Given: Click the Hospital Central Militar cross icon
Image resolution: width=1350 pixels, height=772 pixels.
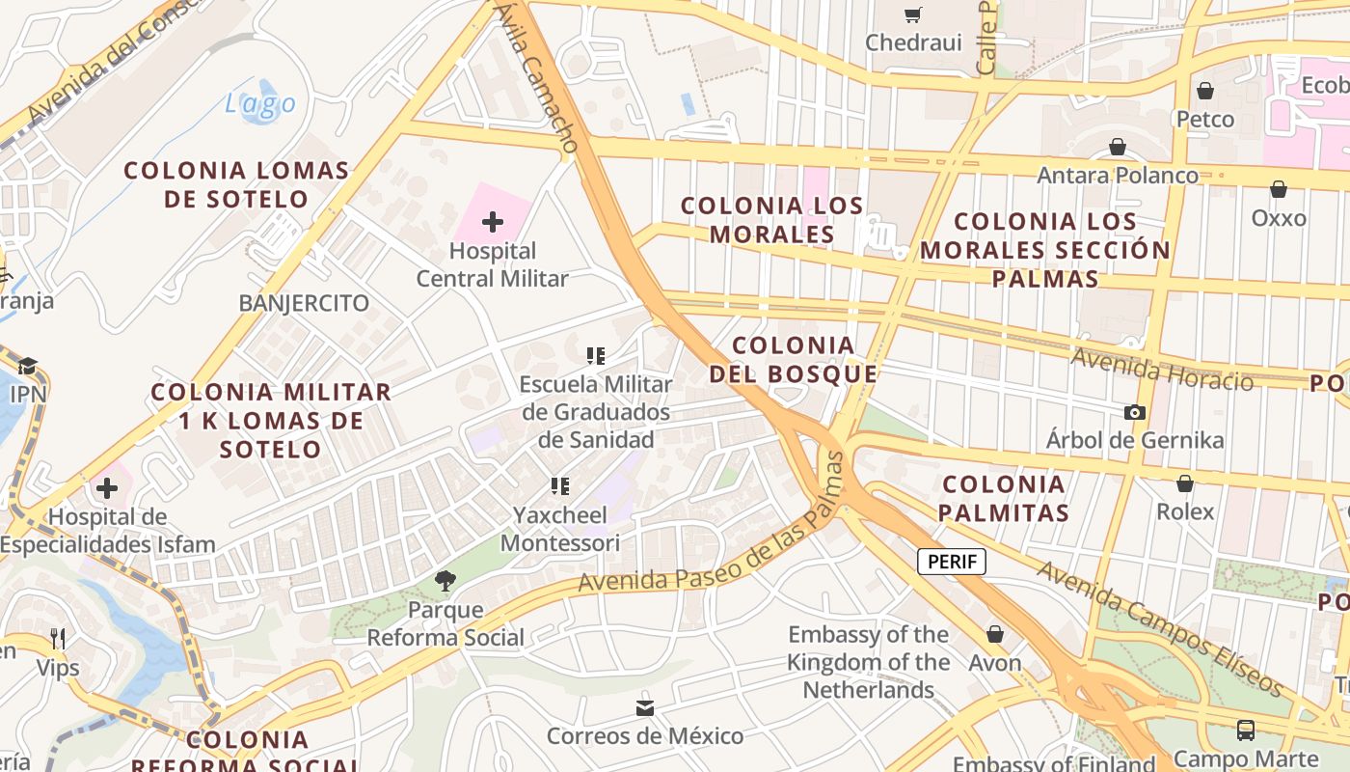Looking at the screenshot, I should coord(493,223).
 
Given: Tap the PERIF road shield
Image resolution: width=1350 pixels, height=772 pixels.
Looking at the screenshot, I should coord(951,562).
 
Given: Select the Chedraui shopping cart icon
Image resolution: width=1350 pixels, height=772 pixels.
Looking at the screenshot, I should coord(912,14).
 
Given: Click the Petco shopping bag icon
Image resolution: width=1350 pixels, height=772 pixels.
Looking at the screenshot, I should coord(1204,92).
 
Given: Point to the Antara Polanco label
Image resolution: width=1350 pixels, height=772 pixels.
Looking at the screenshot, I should coord(1117,176).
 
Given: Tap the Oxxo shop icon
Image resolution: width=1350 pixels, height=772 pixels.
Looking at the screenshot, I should coord(1279,190).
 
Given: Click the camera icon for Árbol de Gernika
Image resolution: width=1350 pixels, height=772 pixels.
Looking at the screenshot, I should coord(1135,413).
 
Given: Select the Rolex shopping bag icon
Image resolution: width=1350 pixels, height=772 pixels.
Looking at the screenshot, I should coord(1185,483).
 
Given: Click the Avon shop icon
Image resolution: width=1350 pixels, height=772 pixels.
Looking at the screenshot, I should coord(995,635).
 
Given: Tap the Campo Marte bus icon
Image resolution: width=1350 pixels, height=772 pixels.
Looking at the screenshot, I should coord(1246,731).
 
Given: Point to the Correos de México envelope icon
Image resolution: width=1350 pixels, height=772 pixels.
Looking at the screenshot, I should coord(645,709).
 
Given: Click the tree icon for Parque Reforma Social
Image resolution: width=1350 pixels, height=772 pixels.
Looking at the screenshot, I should coord(445,581).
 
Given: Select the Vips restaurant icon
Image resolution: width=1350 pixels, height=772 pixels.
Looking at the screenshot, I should coord(58,639).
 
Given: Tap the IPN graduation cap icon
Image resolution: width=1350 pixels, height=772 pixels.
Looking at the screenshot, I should coord(27,367).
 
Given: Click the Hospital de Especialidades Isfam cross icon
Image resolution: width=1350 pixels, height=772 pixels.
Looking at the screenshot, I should coord(107,488).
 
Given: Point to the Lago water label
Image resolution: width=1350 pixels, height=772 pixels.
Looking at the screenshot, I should coord(260,103).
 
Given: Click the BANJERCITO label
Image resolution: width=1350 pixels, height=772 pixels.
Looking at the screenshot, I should coord(304,303).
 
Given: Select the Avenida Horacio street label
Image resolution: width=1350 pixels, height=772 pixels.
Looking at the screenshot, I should coord(1162,370).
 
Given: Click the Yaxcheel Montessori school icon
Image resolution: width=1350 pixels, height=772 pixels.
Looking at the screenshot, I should coord(560,486).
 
